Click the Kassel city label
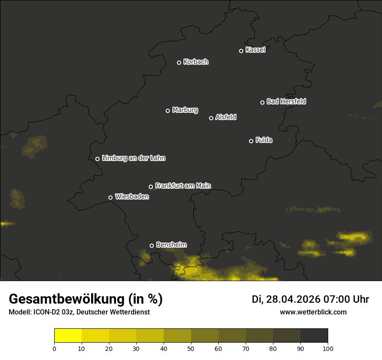tap(255, 50)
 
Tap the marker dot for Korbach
tap(179, 62)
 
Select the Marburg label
tap(185, 110)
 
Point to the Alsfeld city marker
tap(211, 118)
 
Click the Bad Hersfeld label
tap(286, 101)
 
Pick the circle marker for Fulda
tap(251, 141)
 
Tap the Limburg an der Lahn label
tap(133, 158)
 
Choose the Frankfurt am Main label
tap(183, 186)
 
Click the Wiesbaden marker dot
tap(110, 197)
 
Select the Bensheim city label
tap(171, 245)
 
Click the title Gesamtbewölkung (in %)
tap(86, 299)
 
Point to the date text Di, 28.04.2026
tap(286, 299)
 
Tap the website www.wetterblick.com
tap(313, 312)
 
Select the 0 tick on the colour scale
tap(54, 348)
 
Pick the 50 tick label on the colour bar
tap(191, 348)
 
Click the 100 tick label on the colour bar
tap(328, 348)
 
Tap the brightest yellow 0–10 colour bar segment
tap(68, 336)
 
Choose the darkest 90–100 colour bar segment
tap(314, 336)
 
